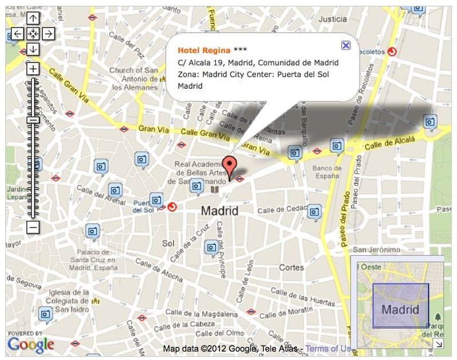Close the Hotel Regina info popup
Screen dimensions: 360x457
click(345, 45)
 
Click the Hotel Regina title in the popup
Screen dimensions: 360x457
click(204, 50)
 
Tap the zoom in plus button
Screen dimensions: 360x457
click(33, 69)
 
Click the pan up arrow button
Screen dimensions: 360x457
click(33, 18)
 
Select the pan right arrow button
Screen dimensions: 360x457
click(49, 33)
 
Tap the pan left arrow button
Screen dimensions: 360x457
click(18, 33)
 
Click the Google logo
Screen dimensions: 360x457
click(30, 345)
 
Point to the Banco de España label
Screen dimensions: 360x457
click(328, 172)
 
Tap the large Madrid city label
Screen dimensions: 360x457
click(219, 211)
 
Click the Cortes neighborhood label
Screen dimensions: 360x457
click(291, 267)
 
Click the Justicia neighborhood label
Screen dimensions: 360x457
click(333, 19)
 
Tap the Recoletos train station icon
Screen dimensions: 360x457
click(392, 52)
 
